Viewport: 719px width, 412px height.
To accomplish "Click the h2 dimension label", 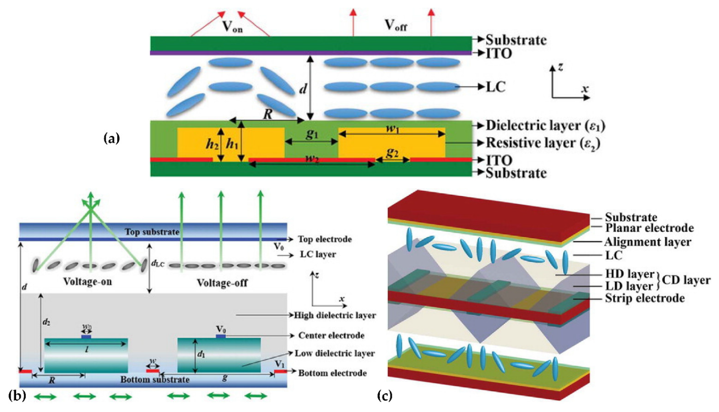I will (212, 145).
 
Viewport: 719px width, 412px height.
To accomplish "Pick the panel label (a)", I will (112, 139).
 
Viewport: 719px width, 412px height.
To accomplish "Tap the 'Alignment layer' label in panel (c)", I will (648, 242).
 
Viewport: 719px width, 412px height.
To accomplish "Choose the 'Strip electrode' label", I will (645, 298).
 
